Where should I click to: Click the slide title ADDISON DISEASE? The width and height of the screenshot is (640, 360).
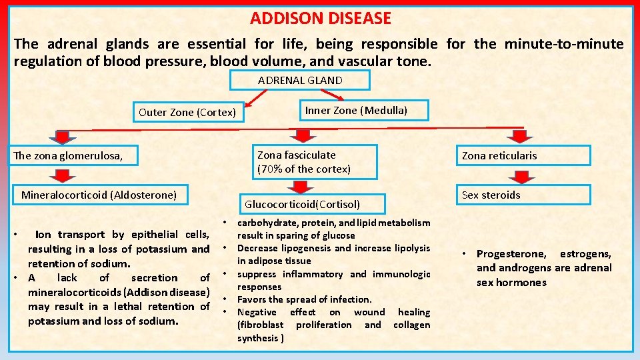click(321, 19)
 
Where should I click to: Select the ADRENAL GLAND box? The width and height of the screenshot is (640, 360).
click(300, 81)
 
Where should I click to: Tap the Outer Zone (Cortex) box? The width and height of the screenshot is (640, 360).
click(187, 112)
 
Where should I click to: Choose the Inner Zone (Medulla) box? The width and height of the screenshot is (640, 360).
click(356, 110)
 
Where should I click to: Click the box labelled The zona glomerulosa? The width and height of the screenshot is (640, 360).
click(74, 156)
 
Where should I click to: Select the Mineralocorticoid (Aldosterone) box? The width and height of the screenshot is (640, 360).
click(99, 195)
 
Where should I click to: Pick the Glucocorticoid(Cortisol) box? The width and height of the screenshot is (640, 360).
click(302, 204)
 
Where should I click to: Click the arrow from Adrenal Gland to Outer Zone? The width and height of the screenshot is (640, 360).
click(257, 98)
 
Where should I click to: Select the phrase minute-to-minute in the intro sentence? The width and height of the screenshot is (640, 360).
click(564, 45)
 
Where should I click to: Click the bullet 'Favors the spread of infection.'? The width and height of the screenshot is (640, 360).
click(304, 299)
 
